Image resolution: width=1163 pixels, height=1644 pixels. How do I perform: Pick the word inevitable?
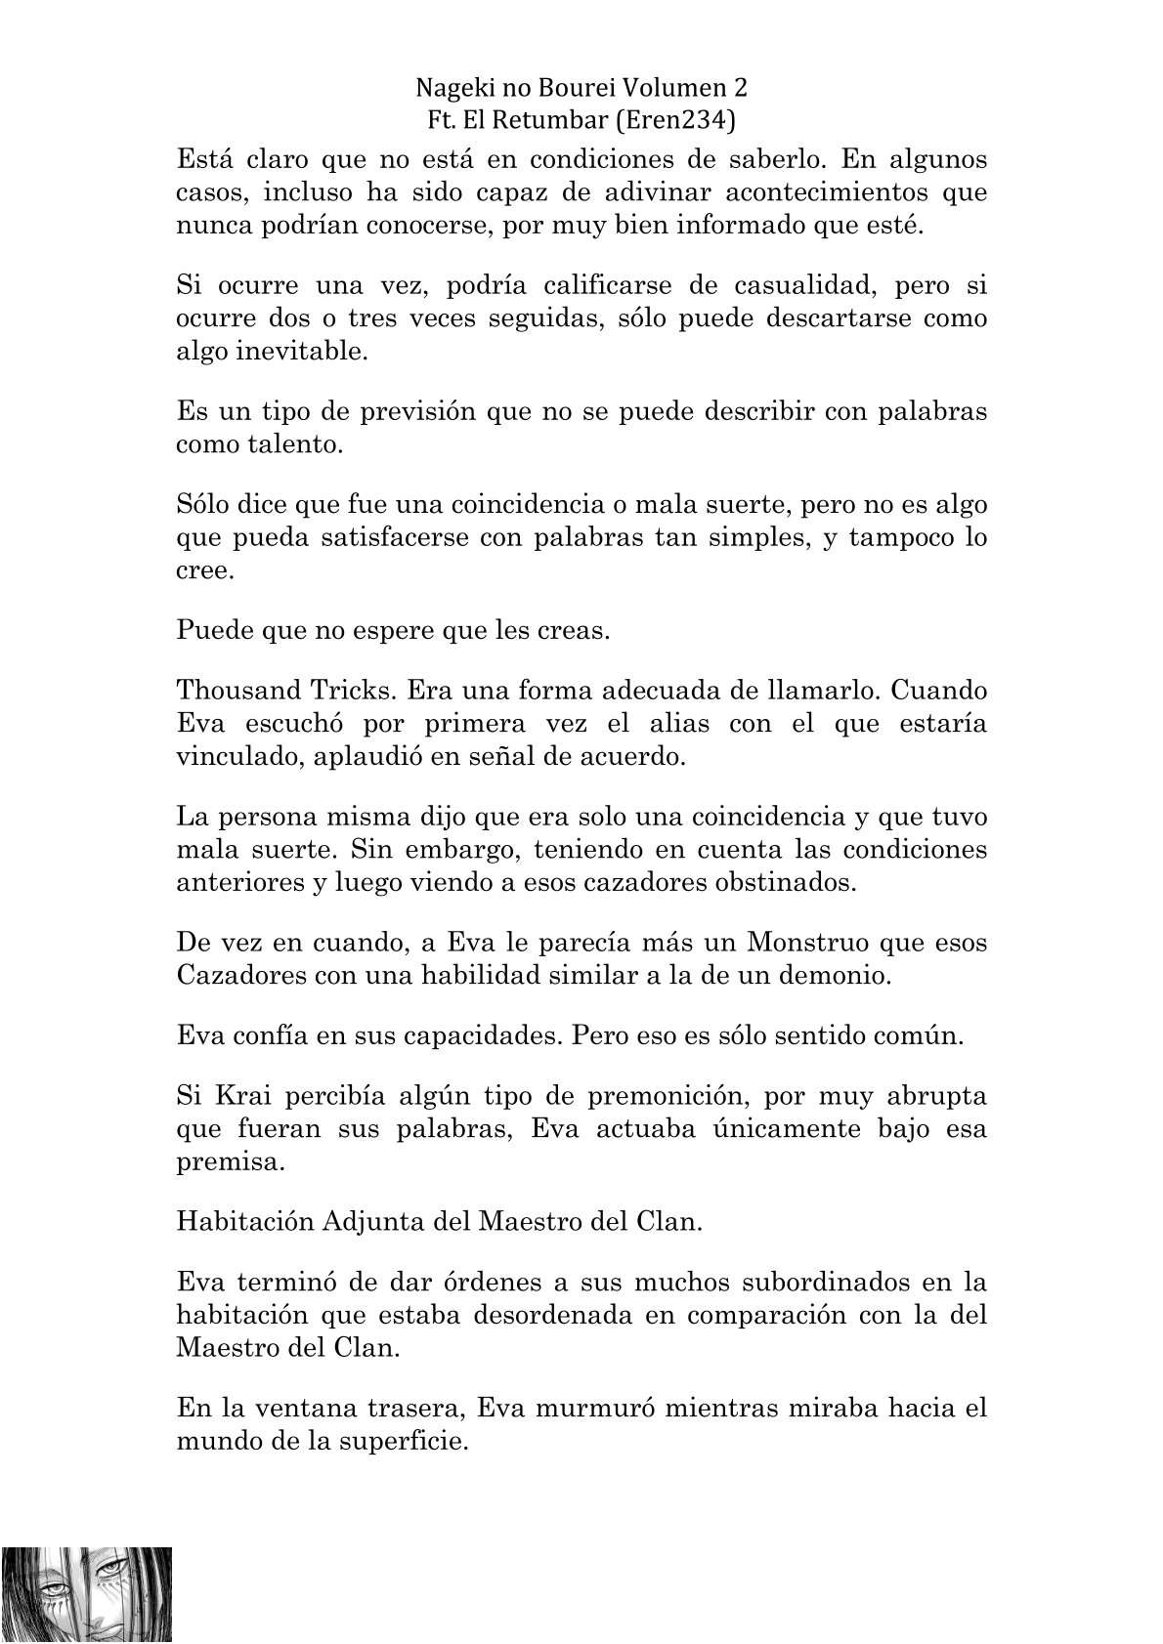pyautogui.click(x=300, y=351)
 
